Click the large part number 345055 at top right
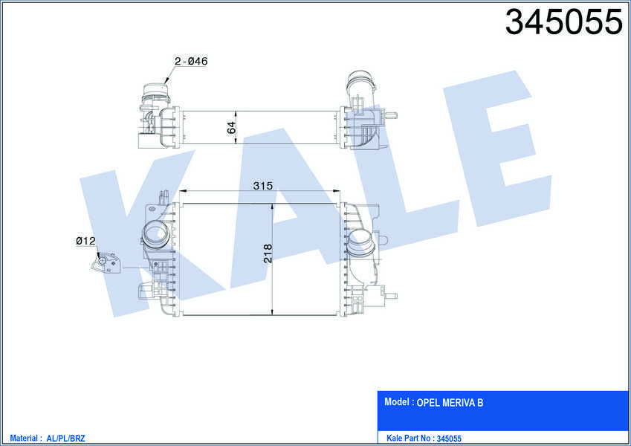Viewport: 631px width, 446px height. point(564,22)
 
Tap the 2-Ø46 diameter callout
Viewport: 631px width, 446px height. point(191,61)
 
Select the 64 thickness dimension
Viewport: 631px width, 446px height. point(231,128)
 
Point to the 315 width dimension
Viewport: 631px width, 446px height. point(263,186)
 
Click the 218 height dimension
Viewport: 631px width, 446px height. point(268,253)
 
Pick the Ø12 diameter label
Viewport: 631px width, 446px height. point(85,241)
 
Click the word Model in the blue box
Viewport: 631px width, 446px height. point(397,401)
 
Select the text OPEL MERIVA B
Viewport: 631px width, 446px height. point(450,403)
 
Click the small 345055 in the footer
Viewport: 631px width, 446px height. point(449,439)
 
